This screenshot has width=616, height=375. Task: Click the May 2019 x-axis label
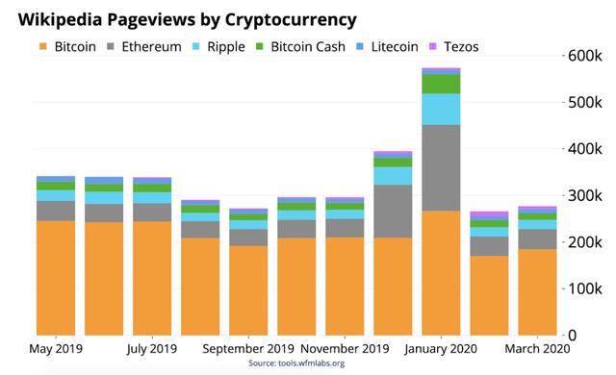56,349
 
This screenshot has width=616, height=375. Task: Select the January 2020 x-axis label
441,349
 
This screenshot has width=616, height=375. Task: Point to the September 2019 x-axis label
248,349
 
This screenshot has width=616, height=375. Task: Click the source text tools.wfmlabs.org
295,363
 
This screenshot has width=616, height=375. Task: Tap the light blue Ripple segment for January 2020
441,109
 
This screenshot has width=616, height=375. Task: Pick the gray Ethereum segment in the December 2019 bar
393,211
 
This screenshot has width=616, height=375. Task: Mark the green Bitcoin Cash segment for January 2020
441,84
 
